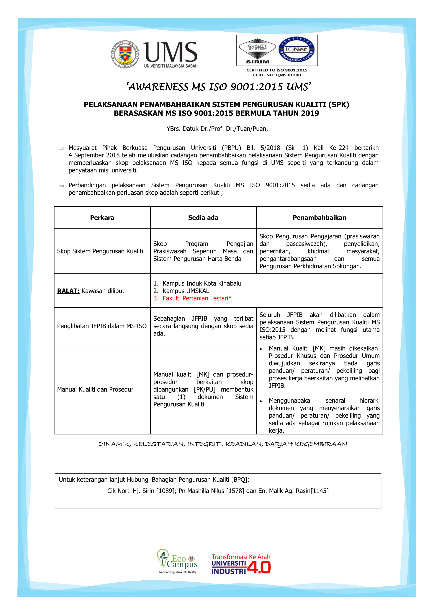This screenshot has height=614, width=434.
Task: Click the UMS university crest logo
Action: point(125,54)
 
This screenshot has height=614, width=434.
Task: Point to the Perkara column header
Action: point(102,218)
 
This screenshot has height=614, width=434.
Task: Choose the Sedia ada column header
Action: point(203,218)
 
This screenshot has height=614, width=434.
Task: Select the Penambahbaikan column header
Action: point(319,218)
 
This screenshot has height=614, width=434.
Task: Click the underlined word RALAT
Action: point(68,291)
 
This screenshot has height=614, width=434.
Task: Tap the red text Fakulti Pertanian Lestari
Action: point(197,298)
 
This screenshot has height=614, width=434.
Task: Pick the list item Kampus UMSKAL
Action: point(186,291)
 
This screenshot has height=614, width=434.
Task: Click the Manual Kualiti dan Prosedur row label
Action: point(95,389)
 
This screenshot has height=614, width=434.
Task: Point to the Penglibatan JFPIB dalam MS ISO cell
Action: point(102,326)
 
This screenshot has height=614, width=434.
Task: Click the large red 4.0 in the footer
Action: point(259,567)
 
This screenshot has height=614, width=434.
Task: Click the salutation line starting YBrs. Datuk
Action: point(217,129)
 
